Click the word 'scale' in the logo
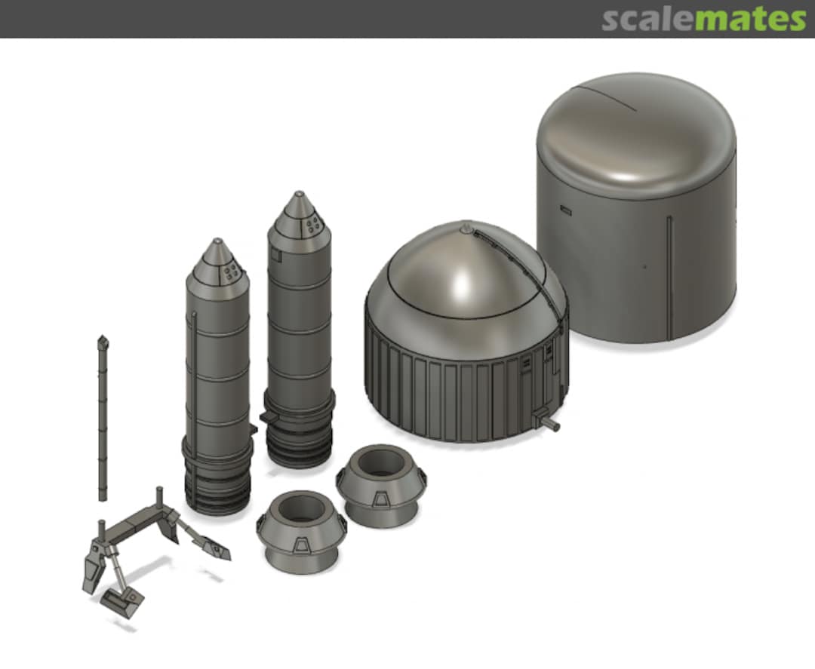click(x=647, y=19)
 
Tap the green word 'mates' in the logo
click(x=750, y=19)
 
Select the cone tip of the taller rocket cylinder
click(x=299, y=195)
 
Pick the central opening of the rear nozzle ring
click(x=381, y=461)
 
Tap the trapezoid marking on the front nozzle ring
click(x=300, y=546)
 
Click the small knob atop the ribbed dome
click(x=466, y=226)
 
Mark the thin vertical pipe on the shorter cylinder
click(x=195, y=392)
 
